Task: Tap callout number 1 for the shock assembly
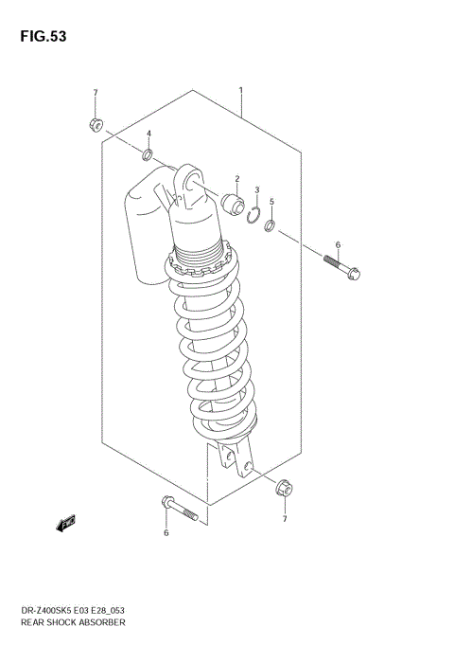coord(241,91)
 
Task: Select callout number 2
coord(237,178)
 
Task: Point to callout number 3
coord(257,189)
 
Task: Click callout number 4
coord(148,134)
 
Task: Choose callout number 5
coord(271,202)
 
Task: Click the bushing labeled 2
coord(230,202)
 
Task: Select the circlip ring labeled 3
coord(253,215)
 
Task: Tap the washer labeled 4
coord(148,155)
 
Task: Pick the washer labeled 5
coord(271,226)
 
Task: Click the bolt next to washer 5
coord(340,267)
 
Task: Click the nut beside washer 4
coord(96,123)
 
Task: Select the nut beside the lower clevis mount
coord(283,490)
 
